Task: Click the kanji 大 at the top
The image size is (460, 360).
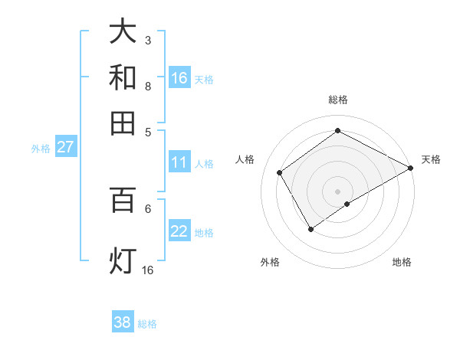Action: tap(123, 32)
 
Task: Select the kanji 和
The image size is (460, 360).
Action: tap(123, 77)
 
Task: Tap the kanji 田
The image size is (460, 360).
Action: tap(123, 123)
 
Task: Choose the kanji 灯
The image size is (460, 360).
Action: tap(123, 260)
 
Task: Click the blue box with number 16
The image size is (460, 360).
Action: tap(179, 78)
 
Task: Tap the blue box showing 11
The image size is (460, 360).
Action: tap(179, 162)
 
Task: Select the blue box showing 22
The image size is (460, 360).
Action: tap(179, 231)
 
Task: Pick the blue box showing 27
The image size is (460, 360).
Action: tap(65, 147)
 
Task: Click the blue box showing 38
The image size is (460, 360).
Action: tap(123, 322)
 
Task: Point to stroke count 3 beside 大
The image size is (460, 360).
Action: tap(147, 40)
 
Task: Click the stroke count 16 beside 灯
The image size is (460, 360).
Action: tap(147, 270)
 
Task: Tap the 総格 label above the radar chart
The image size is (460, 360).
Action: tap(338, 100)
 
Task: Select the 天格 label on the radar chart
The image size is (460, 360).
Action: tap(431, 159)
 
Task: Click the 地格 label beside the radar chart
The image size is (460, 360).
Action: tap(402, 262)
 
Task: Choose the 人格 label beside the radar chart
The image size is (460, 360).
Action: tap(245, 159)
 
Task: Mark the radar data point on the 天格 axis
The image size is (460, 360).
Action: tap(410, 168)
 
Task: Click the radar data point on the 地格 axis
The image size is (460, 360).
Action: tap(347, 204)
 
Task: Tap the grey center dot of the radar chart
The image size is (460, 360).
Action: tap(338, 191)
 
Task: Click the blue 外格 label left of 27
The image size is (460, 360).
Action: tap(41, 149)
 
